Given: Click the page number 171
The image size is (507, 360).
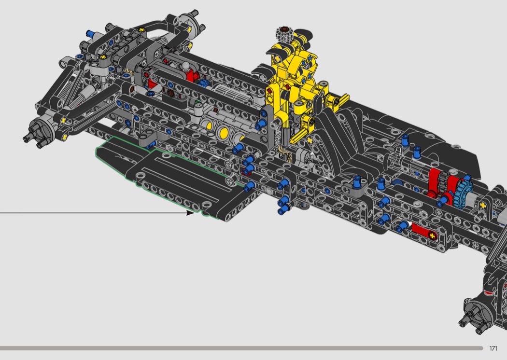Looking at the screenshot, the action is [493, 348].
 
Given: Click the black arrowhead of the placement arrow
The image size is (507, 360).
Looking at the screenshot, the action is [190, 213].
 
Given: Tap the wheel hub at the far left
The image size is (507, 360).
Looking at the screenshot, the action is [38, 131].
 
